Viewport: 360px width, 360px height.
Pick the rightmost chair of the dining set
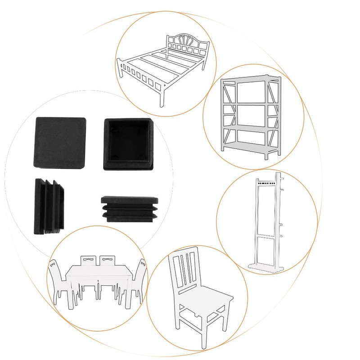tap(139, 281)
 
